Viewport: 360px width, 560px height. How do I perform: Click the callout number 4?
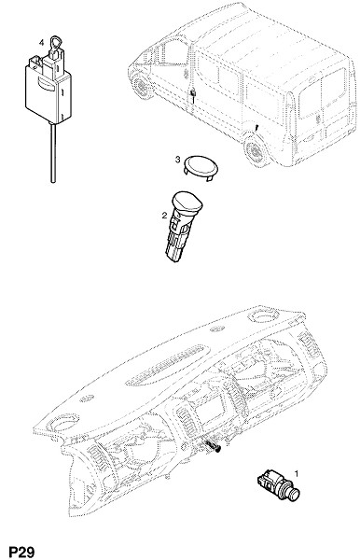point(41,43)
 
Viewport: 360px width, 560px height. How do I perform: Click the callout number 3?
point(178,160)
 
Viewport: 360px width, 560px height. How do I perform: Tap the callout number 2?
point(164,216)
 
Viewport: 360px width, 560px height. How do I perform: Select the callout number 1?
point(296,473)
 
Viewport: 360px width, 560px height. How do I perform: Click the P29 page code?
point(21,552)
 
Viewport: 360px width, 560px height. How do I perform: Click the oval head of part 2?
point(187,202)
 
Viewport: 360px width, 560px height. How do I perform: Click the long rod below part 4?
point(53,152)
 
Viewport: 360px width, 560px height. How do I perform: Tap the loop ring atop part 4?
point(56,43)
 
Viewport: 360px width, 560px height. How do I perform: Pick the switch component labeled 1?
point(278,485)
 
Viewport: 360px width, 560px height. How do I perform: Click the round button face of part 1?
point(295,495)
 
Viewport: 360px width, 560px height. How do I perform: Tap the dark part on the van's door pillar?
point(193,94)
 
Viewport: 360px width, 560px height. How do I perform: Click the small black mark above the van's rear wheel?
point(256,127)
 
